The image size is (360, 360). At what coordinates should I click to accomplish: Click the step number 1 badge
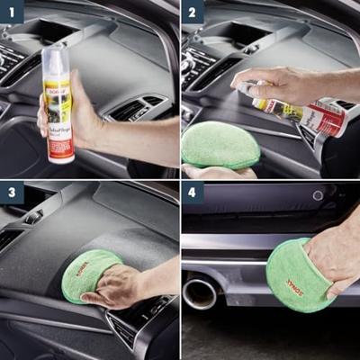click(13, 13)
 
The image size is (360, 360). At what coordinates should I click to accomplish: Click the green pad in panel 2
click(220, 144)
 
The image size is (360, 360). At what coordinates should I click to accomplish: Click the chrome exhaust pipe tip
click(200, 292)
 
